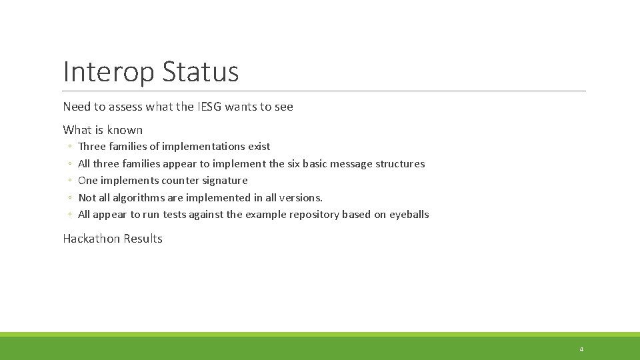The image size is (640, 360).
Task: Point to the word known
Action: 125,130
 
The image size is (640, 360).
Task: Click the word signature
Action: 225,181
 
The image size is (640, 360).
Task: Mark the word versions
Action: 301,198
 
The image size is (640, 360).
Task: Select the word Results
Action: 142,239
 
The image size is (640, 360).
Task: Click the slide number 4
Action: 581,349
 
